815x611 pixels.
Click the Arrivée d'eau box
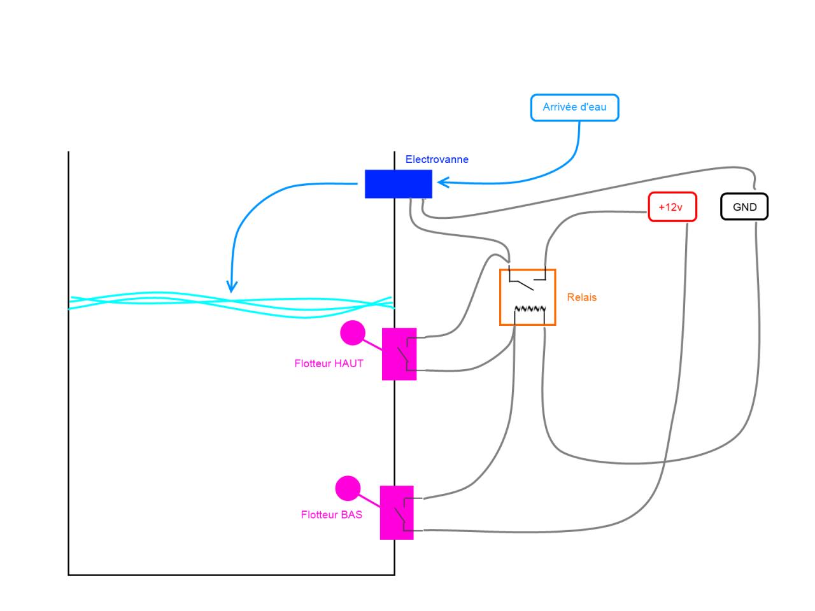point(574,108)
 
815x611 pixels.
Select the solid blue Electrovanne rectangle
point(398,184)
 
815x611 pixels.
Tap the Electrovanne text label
point(437,159)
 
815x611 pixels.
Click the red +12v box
point(672,207)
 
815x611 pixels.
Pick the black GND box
point(744,207)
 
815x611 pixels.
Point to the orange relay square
point(528,297)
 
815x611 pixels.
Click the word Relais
point(582,297)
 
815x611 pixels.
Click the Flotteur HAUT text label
point(329,363)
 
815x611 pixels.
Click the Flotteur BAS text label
point(331,514)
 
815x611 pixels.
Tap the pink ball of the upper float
point(353,332)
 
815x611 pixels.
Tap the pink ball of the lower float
point(348,488)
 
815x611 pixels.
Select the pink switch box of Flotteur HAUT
point(399,354)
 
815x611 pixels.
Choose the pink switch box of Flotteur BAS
point(397,512)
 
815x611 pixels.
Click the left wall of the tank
point(69,363)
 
